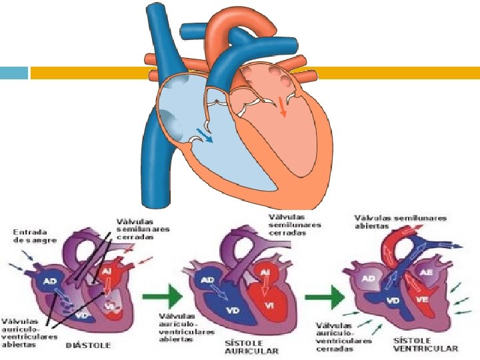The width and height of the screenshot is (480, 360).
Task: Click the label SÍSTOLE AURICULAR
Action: pyautogui.click(x=251, y=345)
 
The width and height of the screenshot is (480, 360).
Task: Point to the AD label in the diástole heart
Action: pyautogui.click(x=50, y=281)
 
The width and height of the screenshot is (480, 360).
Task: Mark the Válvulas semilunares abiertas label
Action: pyautogui.click(x=400, y=221)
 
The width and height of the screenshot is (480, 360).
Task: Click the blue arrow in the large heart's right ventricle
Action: pyautogui.click(x=205, y=135)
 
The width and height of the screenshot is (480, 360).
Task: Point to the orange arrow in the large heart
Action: pyautogui.click(x=283, y=106)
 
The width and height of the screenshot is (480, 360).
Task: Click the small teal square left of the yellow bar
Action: pyautogui.click(x=14, y=73)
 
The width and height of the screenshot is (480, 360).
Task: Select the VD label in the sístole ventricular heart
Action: pyautogui.click(x=394, y=301)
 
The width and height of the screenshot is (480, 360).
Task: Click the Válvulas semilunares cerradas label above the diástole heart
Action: pyautogui.click(x=143, y=229)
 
